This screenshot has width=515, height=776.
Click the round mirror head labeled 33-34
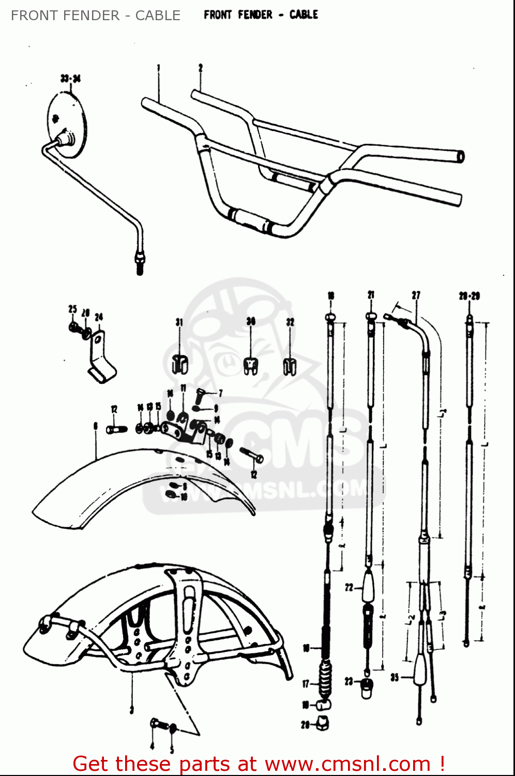[x=67, y=124]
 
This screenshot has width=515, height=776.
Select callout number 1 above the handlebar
[x=159, y=67]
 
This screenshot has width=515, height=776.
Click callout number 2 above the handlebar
[x=201, y=67]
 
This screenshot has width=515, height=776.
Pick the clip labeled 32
[x=290, y=365]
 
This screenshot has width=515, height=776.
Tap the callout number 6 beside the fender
[x=95, y=426]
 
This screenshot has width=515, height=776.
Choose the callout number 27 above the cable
[x=416, y=295]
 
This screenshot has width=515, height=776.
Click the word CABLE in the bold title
[x=304, y=14]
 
